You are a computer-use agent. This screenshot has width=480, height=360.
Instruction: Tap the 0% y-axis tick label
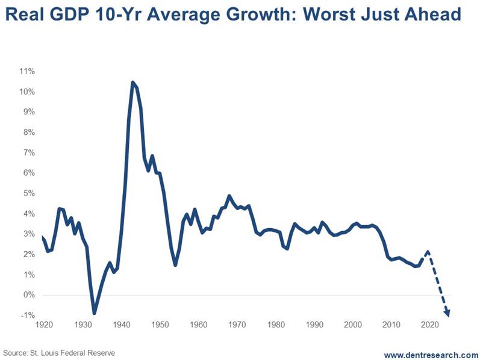click(x=29, y=295)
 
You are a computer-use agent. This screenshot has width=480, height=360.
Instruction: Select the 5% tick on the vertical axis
click(x=29, y=193)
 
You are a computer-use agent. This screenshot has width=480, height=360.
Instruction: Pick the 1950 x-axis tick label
click(x=160, y=325)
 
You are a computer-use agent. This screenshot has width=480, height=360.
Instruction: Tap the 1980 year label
click(x=275, y=325)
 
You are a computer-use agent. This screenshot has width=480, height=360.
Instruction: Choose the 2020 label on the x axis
click(x=429, y=325)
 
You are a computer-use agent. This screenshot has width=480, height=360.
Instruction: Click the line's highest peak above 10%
click(x=132, y=82)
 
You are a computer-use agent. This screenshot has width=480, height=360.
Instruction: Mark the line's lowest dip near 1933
click(x=94, y=313)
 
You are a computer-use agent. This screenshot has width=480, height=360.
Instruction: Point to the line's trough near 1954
click(x=175, y=265)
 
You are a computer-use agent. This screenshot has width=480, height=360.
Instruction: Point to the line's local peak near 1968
click(x=229, y=196)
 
